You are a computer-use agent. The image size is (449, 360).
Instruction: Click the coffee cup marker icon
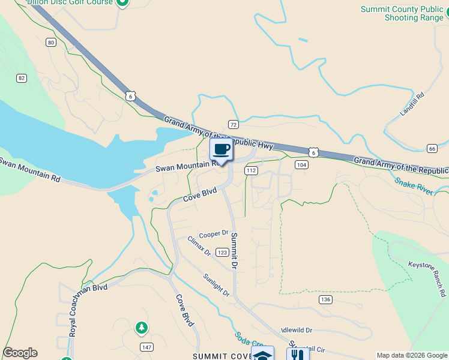pyautogui.click(x=221, y=149)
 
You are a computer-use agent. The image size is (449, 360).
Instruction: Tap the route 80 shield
pyautogui.click(x=50, y=42)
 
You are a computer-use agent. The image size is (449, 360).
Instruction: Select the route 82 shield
pyautogui.click(x=22, y=78)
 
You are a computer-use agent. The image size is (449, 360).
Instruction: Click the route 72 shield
pyautogui.click(x=234, y=124)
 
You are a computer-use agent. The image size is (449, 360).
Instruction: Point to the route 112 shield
pyautogui.click(x=251, y=171)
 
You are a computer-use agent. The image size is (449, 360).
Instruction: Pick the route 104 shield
pyautogui.click(x=301, y=164)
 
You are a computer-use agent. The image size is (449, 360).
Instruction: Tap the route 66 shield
pyautogui.click(x=432, y=148)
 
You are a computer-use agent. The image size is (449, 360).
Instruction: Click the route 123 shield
pyautogui.click(x=221, y=253)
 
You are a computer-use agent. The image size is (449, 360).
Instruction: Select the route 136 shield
pyautogui.click(x=325, y=299)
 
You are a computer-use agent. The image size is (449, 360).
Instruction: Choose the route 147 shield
pyautogui.click(x=146, y=347)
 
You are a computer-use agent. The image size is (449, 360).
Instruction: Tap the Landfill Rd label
pyautogui.click(x=412, y=104)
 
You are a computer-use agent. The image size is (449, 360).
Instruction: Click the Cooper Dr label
pyautogui.click(x=214, y=234)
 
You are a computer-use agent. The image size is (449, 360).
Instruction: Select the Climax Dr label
pyautogui.click(x=199, y=246)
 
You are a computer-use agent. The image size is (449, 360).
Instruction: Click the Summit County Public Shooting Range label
pyautogui.click(x=402, y=13)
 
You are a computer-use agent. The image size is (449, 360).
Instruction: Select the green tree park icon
pyautogui.click(x=141, y=328)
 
